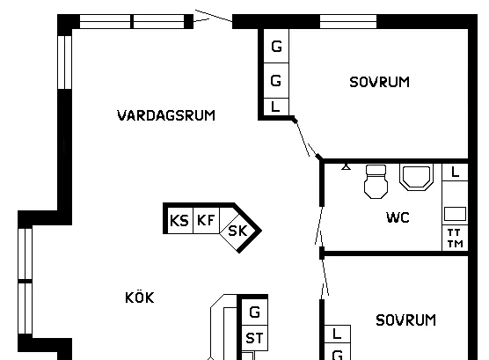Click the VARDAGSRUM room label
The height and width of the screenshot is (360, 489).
[166, 115]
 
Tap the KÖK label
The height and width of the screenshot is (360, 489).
[140, 298]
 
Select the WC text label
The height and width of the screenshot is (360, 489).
[398, 217]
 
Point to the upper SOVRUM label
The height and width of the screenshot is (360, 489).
[379, 82]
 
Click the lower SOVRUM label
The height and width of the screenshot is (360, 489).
[405, 320]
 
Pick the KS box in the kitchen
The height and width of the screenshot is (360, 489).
[180, 220]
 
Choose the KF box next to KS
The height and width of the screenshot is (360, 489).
[206, 220]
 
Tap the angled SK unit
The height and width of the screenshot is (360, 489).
[237, 231]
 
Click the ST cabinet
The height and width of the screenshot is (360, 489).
[254, 338]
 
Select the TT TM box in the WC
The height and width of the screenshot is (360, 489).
[455, 238]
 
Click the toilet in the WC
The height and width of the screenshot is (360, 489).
[376, 181]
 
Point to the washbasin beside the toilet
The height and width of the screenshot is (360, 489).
[417, 177]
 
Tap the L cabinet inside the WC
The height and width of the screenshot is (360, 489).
[455, 172]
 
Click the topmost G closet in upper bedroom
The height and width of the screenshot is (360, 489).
[276, 46]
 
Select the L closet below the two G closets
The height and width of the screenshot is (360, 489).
[276, 107]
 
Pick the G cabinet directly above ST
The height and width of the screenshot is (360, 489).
[254, 312]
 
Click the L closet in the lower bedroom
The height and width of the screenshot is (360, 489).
[338, 334]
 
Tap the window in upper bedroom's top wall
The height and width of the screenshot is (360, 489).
[348, 21]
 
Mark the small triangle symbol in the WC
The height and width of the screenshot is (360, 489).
[346, 167]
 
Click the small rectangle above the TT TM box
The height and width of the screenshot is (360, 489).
[455, 214]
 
